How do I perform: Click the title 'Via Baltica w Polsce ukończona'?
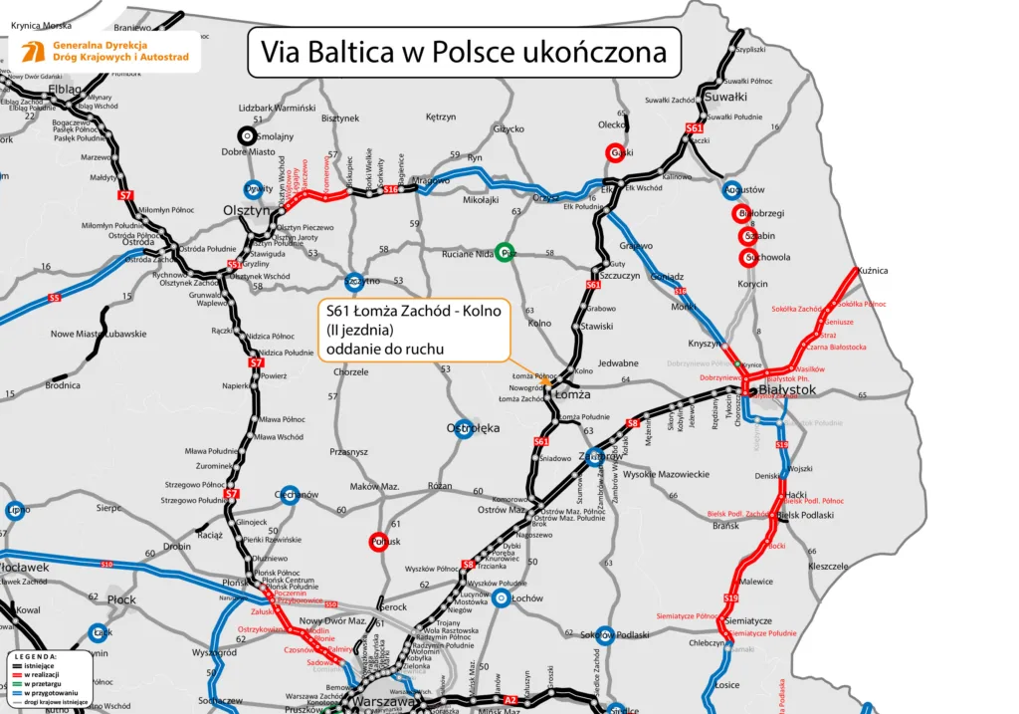click(464, 53)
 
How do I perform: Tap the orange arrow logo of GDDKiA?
click(28, 53)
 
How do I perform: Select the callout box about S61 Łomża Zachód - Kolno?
click(414, 330)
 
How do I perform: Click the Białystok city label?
click(787, 391)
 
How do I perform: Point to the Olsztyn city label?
click(246, 211)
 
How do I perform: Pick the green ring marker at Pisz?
click(507, 253)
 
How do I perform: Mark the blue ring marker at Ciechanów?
click(288, 496)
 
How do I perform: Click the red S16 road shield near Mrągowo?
click(391, 189)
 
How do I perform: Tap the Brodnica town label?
click(63, 384)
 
